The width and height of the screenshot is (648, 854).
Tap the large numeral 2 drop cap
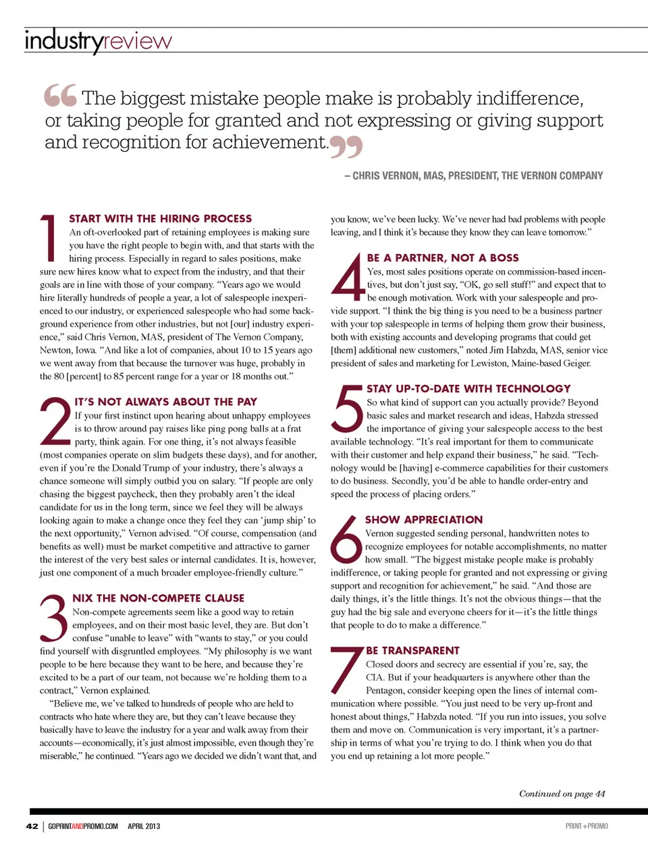coord(55,422)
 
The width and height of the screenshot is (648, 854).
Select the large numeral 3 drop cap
coord(54,618)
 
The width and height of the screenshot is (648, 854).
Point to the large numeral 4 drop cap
coord(348,277)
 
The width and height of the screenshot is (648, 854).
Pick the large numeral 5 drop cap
coord(348,408)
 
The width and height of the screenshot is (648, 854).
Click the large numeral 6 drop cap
coord(346,539)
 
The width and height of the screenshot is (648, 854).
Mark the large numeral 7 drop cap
coord(347,670)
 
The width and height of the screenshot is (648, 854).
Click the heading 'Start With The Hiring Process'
coord(161,219)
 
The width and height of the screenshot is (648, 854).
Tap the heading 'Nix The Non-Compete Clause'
coord(159,598)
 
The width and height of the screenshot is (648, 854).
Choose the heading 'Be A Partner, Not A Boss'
coord(443,258)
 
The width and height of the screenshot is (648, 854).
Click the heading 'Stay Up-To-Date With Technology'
coord(468,389)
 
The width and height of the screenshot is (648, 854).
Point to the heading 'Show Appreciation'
coord(424,520)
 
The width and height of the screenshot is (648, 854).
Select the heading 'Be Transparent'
coord(412,651)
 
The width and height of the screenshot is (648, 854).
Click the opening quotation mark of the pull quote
coord(61,96)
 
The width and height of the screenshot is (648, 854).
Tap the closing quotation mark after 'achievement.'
coord(346,146)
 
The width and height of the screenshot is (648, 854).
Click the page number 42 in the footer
coord(32,826)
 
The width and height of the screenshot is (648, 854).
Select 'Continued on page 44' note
coord(562,794)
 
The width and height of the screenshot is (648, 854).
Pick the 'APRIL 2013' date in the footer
coord(144,826)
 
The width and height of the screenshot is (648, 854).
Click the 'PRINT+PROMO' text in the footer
coord(587,826)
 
